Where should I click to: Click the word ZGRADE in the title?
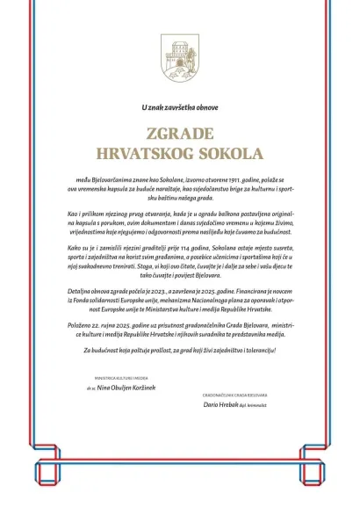tap(180, 134)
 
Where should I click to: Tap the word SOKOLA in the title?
tap(226, 153)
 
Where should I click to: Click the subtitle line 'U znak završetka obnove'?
tap(179, 107)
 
